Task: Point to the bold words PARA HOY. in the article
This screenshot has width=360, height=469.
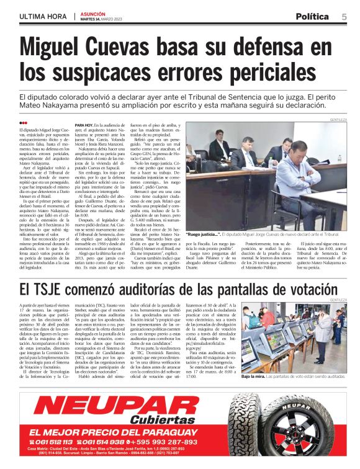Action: [x=84, y=124]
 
